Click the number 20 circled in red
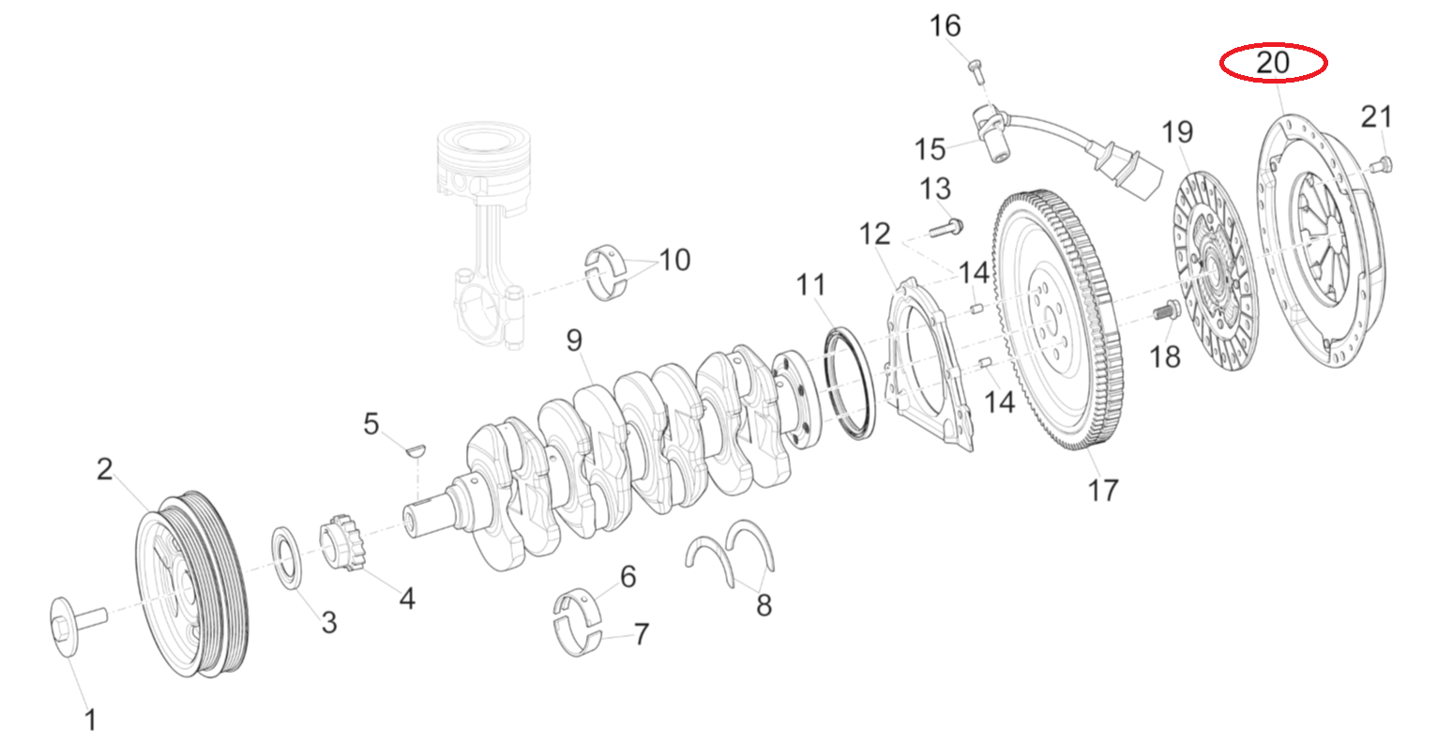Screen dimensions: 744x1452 1273,63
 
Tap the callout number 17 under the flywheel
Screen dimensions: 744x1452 1103,490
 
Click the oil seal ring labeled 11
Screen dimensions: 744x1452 850,383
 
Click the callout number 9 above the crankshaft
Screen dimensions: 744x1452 574,341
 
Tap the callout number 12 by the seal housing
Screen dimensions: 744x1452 874,235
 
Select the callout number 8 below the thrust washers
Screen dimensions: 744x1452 764,606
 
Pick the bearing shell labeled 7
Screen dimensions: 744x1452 575,637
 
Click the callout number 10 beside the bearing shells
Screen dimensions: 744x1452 674,259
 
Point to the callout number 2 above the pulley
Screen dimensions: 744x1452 104,469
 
